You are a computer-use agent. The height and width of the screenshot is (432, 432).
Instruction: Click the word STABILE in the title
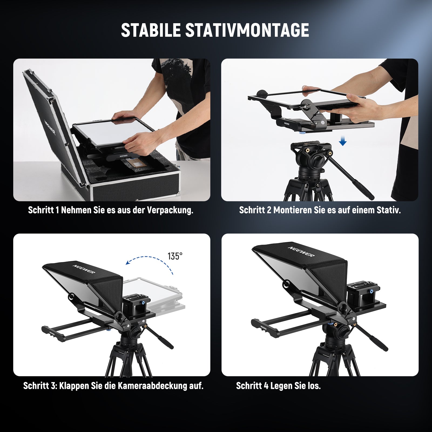151,30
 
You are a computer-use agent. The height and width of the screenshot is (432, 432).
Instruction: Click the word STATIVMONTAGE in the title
247,30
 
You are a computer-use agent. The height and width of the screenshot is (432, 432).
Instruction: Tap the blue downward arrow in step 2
343,141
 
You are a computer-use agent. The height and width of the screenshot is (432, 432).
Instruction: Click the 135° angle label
175,256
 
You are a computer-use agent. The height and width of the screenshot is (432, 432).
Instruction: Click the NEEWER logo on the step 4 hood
301,252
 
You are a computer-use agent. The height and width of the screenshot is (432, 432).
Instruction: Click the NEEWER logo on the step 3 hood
84,269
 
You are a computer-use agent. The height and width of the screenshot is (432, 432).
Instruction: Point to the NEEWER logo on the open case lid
50,127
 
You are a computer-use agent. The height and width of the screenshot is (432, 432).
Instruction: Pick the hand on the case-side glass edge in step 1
137,143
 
